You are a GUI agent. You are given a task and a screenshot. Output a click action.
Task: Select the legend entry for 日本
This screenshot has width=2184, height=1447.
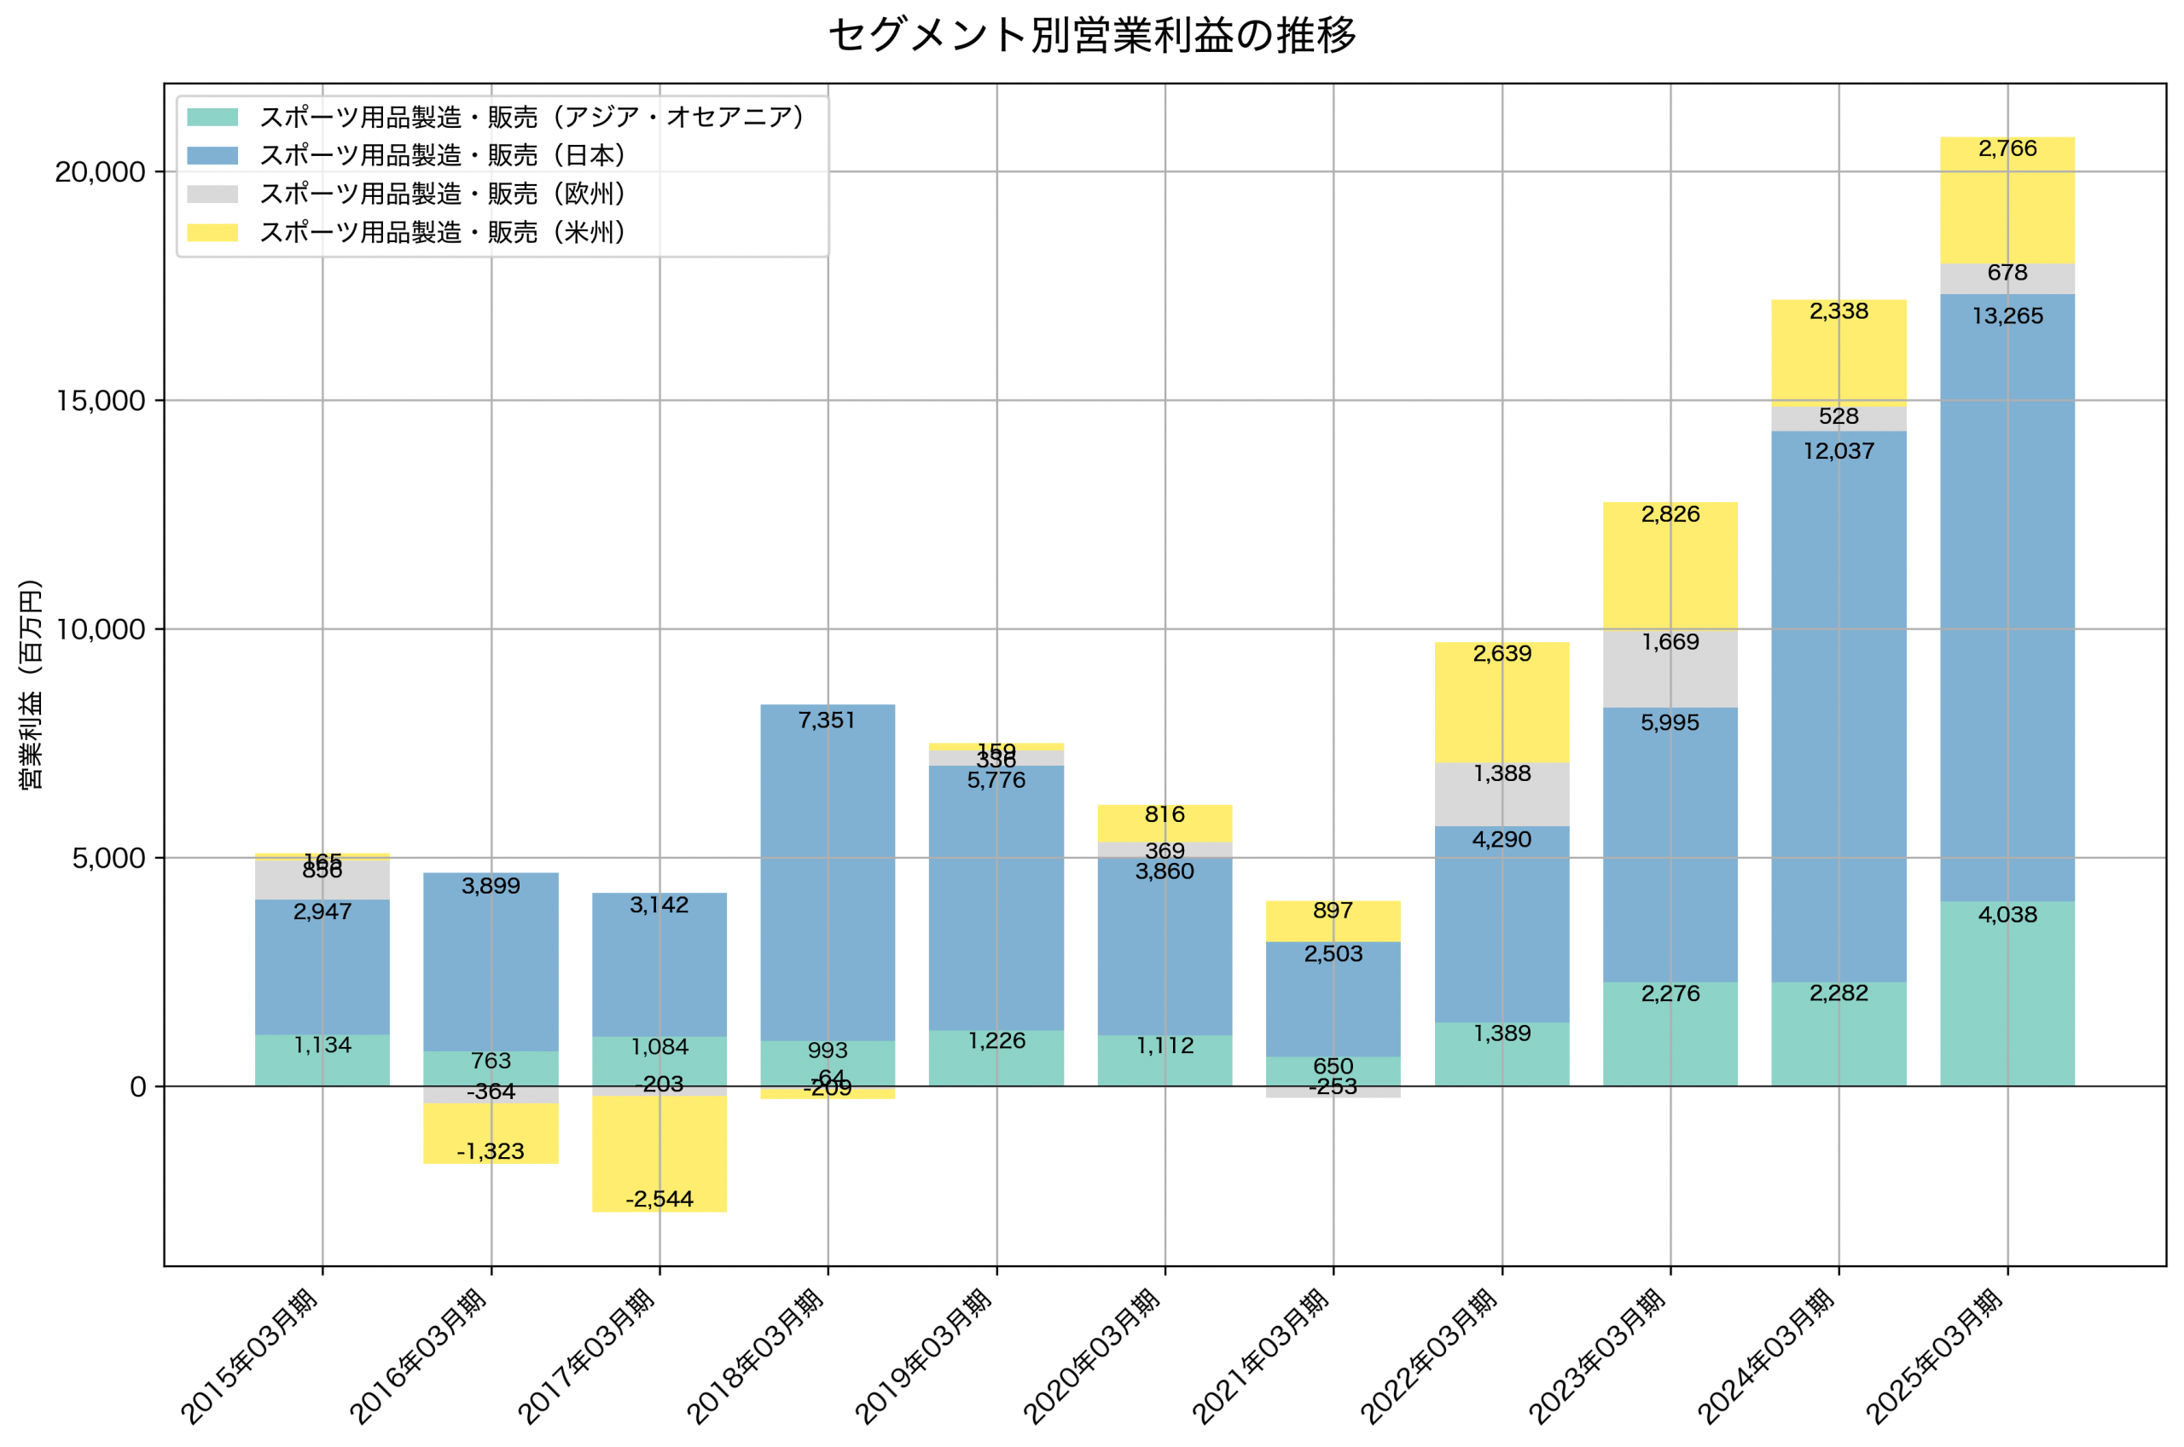click(x=442, y=155)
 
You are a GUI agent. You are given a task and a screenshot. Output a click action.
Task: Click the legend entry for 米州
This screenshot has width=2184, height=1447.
click(x=442, y=232)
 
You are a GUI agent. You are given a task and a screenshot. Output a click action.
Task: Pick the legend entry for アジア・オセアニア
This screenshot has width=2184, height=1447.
click(x=531, y=117)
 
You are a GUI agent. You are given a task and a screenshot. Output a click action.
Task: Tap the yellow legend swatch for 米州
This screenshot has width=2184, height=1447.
click(x=212, y=233)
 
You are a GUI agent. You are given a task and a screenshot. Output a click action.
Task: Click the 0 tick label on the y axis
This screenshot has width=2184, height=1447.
click(x=137, y=1087)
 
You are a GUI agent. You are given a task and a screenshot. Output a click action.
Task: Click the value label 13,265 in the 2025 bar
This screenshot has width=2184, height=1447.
click(x=2007, y=316)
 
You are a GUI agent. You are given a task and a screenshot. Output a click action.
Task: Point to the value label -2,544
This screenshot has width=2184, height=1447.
click(x=659, y=1200)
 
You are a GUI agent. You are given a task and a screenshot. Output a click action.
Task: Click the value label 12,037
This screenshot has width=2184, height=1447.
click(x=1838, y=451)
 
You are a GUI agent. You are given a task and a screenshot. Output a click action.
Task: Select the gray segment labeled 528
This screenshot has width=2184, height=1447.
click(x=1838, y=420)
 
